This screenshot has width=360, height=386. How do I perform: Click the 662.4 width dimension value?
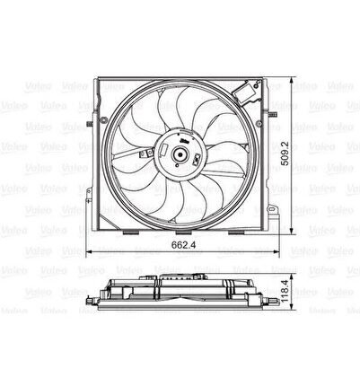pyautogui.click(x=183, y=245)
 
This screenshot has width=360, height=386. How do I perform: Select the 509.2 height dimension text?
pyautogui.click(x=285, y=154)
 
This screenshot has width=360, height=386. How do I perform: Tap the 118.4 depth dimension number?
pyautogui.click(x=285, y=291)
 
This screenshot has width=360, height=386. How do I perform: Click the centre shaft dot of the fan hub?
pyautogui.click(x=180, y=154)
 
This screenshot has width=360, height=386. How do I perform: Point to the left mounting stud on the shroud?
pyautogui.click(x=90, y=124)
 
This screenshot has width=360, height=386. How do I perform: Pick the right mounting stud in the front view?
pyautogui.click(x=273, y=114)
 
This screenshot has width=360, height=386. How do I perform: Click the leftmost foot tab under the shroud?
pyautogui.click(x=130, y=232)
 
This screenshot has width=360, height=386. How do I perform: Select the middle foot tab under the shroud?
pyautogui.click(x=183, y=232)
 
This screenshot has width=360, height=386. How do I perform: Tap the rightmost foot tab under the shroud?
pyautogui.click(x=236, y=232)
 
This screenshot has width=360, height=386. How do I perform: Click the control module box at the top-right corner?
pyautogui.click(x=247, y=91)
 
